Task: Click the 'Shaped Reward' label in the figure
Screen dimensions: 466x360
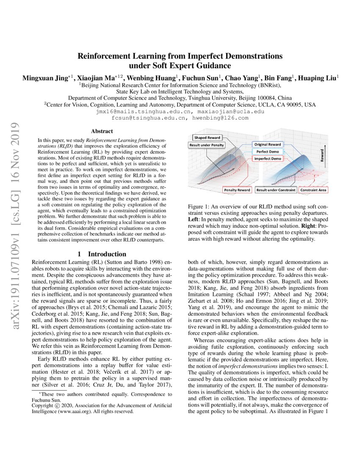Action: click(207, 138)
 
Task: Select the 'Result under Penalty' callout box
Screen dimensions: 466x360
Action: click(207, 145)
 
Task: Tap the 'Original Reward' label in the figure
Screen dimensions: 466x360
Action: click(268, 144)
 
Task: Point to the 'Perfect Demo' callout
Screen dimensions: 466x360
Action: click(268, 151)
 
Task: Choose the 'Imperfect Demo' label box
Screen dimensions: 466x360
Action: click(268, 158)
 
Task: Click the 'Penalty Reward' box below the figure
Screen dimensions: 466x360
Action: click(237, 190)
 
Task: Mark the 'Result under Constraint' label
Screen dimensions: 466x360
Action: click(275, 190)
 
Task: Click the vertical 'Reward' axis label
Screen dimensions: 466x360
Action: click(322, 155)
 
